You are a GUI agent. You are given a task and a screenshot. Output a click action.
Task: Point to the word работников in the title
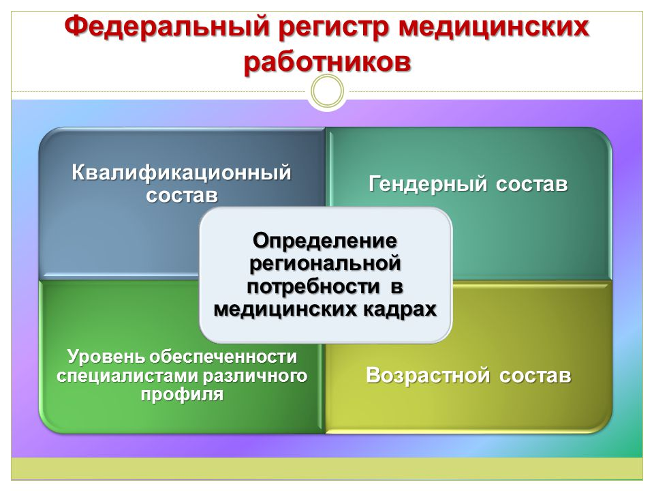328,63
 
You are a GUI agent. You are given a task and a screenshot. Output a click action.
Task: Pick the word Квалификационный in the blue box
181,173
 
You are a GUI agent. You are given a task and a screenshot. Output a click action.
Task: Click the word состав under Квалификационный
182,196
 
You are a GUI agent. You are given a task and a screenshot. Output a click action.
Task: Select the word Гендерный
428,184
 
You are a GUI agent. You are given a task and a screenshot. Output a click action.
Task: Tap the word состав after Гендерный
532,185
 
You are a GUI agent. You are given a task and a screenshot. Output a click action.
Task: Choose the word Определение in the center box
325,241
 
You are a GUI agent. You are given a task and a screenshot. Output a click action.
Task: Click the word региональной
325,264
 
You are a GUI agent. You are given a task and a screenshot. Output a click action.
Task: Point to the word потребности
313,287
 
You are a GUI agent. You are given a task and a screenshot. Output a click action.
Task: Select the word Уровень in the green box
106,357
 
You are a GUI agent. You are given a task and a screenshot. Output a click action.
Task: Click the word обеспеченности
223,357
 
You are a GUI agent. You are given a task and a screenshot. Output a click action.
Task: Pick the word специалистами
129,376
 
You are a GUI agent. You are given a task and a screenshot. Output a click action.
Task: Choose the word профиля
182,395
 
